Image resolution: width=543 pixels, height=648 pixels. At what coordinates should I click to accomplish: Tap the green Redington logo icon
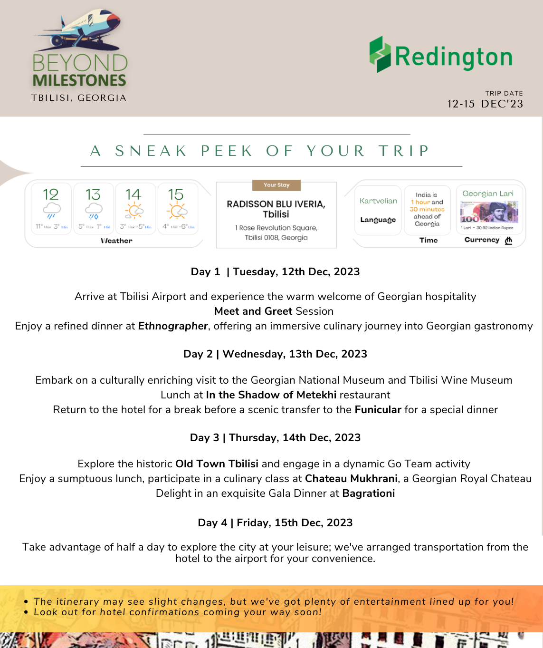pyautogui.click(x=380, y=54)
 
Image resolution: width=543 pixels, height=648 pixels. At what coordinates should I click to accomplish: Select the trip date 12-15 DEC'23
pyautogui.click(x=485, y=104)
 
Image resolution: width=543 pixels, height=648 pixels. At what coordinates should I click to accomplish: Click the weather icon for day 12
pyautogui.click(x=51, y=210)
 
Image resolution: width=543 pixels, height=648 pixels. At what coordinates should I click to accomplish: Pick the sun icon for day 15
pyautogui.click(x=177, y=210)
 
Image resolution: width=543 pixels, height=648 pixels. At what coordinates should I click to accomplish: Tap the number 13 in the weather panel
pyautogui.click(x=93, y=194)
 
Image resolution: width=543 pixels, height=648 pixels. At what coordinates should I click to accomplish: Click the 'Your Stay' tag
pyautogui.click(x=276, y=185)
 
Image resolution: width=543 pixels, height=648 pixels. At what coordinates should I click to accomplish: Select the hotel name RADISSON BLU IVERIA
pyautogui.click(x=276, y=204)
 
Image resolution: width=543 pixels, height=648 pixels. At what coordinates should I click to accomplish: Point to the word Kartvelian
pyautogui.click(x=378, y=201)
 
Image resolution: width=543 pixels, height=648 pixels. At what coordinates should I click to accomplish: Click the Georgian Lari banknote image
pyautogui.click(x=488, y=212)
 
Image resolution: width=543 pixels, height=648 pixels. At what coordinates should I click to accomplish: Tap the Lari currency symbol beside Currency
pyautogui.click(x=509, y=240)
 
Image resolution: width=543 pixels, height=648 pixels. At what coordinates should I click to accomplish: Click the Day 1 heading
pyautogui.click(x=275, y=271)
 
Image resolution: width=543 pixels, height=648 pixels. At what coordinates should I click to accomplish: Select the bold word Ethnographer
pyautogui.click(x=173, y=326)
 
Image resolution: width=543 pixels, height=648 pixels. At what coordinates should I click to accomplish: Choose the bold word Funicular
pyautogui.click(x=378, y=409)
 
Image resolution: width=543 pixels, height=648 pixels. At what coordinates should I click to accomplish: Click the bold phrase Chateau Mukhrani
pyautogui.click(x=351, y=478)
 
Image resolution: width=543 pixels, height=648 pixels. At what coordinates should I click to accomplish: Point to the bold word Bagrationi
pyautogui.click(x=369, y=493)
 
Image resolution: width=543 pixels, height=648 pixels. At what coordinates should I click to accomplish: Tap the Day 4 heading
pyautogui.click(x=275, y=522)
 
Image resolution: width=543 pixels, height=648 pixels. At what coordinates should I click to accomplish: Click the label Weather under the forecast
pyautogui.click(x=116, y=241)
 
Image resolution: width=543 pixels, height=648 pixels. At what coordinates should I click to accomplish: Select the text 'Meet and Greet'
pyautogui.click(x=253, y=311)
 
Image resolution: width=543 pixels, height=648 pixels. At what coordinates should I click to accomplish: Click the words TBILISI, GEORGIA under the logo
pyautogui.click(x=79, y=97)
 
